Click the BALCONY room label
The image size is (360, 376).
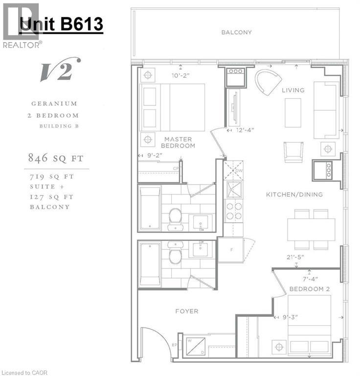coord(236,32)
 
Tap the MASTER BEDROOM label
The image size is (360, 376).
coord(180,142)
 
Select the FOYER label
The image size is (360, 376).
coord(186,311)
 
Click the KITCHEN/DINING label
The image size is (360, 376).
coord(294,194)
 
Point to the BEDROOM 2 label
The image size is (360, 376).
coord(309,289)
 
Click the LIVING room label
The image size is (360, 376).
coord(293,90)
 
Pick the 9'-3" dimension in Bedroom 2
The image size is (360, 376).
coord(291,316)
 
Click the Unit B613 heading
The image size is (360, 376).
coord(61,23)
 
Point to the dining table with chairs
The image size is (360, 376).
coord(311,229)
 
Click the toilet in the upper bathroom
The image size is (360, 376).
coord(175,218)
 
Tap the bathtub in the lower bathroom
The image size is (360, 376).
coord(150,264)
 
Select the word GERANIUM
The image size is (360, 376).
coord(54,104)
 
